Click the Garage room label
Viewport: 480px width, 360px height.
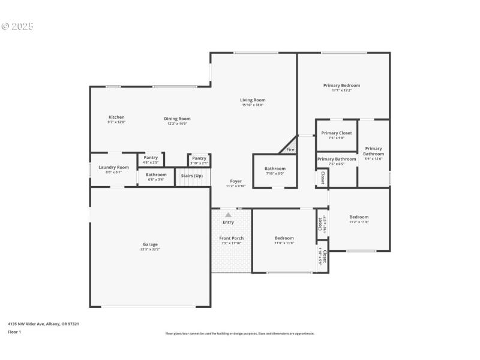pos(150,244)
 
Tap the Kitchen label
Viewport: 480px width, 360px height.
pos(116,117)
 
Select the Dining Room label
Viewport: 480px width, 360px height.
pos(177,119)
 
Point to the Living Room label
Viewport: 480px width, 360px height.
pos(253,100)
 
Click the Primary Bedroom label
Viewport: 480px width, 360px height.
pos(341,85)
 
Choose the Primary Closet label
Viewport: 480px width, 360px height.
pos(337,133)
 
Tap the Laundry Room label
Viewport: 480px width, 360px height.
pos(114,167)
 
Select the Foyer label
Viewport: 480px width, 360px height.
pos(236,181)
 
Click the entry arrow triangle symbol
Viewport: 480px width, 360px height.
pos(228,214)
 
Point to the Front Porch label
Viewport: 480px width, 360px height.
pos(231,238)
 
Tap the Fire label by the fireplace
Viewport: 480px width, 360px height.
pos(290,149)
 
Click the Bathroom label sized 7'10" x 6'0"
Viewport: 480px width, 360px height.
pos(275,169)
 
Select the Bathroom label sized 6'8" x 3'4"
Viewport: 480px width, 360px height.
pos(156,175)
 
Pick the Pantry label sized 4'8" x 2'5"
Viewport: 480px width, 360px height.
pos(151,157)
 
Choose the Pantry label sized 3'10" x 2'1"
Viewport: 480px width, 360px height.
pos(199,158)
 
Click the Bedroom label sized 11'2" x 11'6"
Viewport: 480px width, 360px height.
pos(359,217)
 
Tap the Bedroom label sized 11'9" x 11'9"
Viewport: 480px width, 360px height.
pos(284,238)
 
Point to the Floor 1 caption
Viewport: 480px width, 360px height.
pos(14,332)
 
